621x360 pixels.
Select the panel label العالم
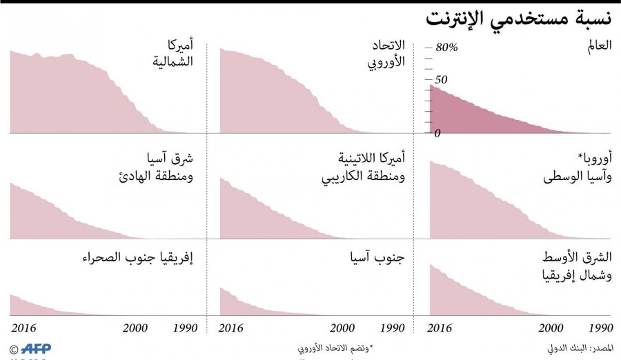[x=598, y=46]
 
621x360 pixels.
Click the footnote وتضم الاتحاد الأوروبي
[x=334, y=348]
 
